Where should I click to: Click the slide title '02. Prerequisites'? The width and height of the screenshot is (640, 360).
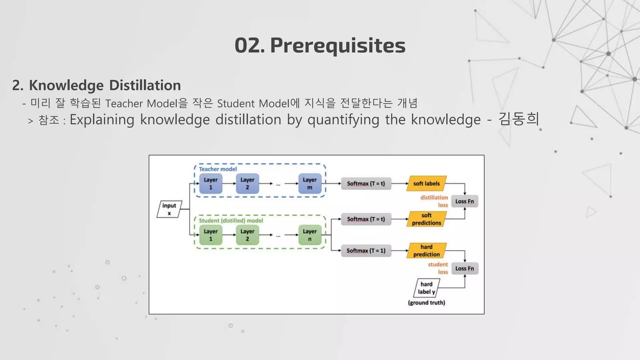(320, 46)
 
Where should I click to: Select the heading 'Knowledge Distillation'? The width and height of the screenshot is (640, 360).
(105, 85)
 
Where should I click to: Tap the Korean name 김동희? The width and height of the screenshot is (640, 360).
(519, 119)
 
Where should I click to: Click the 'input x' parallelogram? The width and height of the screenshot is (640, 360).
(169, 209)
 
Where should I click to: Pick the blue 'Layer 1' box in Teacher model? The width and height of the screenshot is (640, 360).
(211, 183)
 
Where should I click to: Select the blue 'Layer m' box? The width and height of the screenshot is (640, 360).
(310, 183)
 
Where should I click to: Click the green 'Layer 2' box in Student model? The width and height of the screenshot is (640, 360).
(247, 235)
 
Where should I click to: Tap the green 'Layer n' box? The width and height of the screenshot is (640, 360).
(310, 235)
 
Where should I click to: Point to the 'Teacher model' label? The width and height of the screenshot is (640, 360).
(218, 169)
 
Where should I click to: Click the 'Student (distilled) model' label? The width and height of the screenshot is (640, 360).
(231, 221)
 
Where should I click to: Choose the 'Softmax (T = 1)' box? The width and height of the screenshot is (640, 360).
(366, 251)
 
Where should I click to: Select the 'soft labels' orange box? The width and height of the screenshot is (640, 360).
(426, 183)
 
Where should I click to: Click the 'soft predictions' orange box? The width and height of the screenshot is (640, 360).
(426, 219)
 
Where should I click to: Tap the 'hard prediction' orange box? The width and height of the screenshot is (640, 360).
(426, 251)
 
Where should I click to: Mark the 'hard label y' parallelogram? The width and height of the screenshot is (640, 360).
(426, 288)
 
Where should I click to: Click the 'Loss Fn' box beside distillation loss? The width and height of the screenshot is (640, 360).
(464, 201)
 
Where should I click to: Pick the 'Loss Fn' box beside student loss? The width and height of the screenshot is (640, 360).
(464, 268)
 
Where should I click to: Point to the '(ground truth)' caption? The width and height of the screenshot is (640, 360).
(426, 302)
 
